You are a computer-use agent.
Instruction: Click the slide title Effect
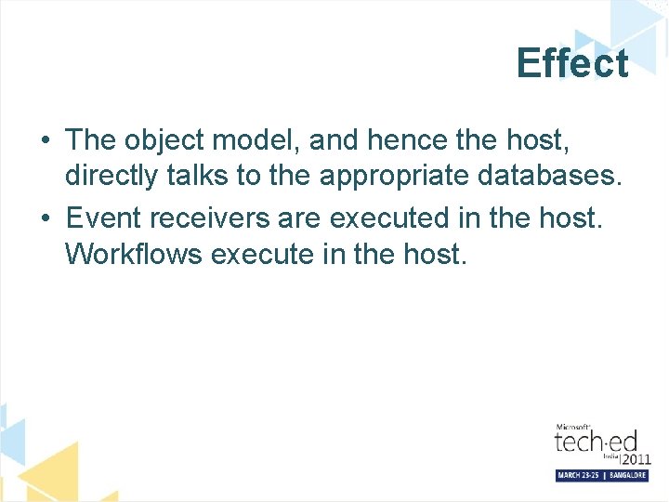[x=572, y=64]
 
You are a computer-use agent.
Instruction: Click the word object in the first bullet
[x=164, y=140]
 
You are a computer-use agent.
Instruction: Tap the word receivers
[x=206, y=218]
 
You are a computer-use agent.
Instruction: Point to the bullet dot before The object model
[x=46, y=141]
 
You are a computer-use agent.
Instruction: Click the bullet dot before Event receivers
[x=46, y=219]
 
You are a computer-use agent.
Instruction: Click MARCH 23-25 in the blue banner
[x=578, y=475]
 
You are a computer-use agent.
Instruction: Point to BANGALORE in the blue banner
[x=627, y=475]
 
